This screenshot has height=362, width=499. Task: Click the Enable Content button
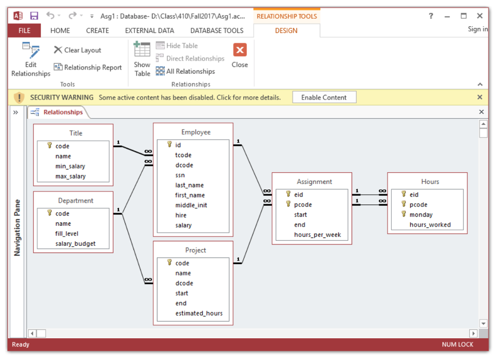pyautogui.click(x=324, y=97)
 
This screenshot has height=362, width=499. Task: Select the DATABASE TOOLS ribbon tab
pyautogui.click(x=217, y=31)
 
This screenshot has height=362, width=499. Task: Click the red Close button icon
pyautogui.click(x=240, y=50)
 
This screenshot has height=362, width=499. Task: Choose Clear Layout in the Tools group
pyautogui.click(x=77, y=50)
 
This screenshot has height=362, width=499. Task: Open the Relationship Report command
pyautogui.click(x=88, y=67)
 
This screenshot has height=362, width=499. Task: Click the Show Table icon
pyautogui.click(x=142, y=49)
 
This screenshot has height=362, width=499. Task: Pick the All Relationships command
pyautogui.click(x=185, y=71)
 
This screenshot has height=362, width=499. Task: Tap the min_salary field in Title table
pyautogui.click(x=70, y=166)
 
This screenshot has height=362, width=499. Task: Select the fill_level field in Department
pyautogui.click(x=66, y=234)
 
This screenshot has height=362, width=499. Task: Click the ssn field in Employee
pyautogui.click(x=180, y=175)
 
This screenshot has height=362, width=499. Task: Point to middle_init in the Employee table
pyautogui.click(x=191, y=205)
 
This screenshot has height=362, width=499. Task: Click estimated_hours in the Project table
pyautogui.click(x=199, y=313)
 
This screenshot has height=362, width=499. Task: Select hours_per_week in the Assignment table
pyautogui.click(x=317, y=235)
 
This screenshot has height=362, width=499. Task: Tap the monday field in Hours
pyautogui.click(x=421, y=215)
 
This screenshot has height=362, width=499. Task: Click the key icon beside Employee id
pyautogui.click(x=170, y=145)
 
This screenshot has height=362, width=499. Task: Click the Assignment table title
pyautogui.click(x=314, y=181)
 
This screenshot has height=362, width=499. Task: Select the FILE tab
pyautogui.click(x=24, y=31)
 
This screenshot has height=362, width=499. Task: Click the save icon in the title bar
pyautogui.click(x=34, y=16)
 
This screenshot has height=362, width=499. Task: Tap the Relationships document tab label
pyautogui.click(x=63, y=112)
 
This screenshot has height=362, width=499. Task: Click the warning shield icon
pyautogui.click(x=19, y=97)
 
